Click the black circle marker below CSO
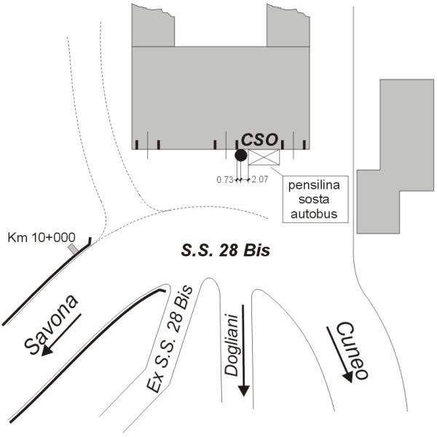[241, 155]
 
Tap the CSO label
[259, 140]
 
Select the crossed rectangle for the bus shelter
[264, 157]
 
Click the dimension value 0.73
[224, 180]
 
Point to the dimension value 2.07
[260, 179]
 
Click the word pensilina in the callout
[314, 185]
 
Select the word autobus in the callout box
[314, 213]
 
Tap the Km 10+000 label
[42, 237]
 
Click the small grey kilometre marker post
[74, 248]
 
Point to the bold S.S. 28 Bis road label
[226, 251]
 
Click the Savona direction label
[50, 324]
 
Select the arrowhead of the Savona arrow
[47, 352]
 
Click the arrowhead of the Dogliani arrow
[244, 390]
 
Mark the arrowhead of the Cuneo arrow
[348, 377]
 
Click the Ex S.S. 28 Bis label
[170, 339]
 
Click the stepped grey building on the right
[395, 156]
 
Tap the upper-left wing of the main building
[153, 26]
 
